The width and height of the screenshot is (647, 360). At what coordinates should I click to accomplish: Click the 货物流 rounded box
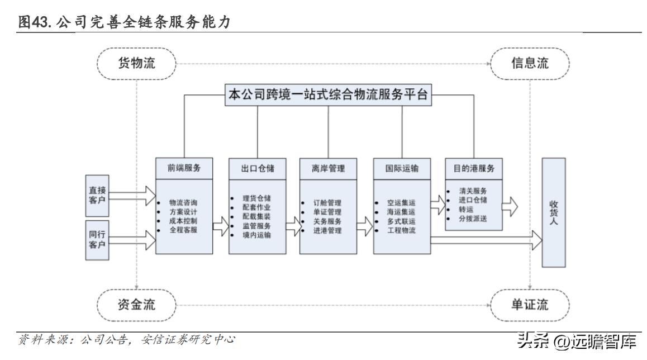point(136,63)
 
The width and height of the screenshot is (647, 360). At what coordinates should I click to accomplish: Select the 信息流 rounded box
point(530,63)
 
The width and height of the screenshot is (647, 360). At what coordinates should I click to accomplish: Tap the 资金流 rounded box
point(136,305)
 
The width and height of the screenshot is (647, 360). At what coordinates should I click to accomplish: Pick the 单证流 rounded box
point(530,305)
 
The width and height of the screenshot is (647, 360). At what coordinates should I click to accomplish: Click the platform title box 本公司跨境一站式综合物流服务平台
point(328,95)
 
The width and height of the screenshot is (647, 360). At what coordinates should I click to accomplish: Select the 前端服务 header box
point(184,168)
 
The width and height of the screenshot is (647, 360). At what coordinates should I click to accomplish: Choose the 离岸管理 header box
point(328,168)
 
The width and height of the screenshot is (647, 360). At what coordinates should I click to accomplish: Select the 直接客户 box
point(95,193)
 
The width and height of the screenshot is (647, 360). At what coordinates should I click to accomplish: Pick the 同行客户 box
point(95,240)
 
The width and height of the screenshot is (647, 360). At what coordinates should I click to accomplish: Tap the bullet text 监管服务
point(257,226)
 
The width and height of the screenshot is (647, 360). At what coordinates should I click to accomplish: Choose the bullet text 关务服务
point(327,221)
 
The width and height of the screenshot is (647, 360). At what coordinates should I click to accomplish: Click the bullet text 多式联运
point(401,221)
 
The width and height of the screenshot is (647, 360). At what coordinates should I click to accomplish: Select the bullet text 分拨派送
point(472,217)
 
